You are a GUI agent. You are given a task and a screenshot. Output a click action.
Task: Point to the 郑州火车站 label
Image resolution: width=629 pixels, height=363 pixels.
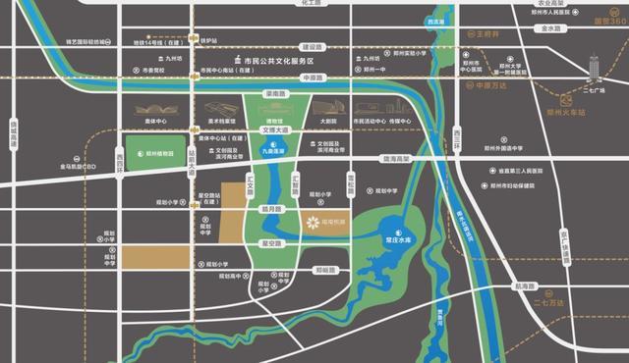tap(573, 112)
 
